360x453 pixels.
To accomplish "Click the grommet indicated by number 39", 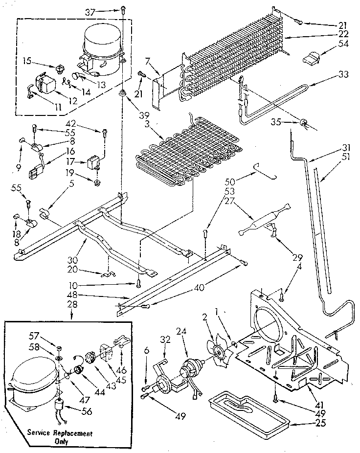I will (121, 93).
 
